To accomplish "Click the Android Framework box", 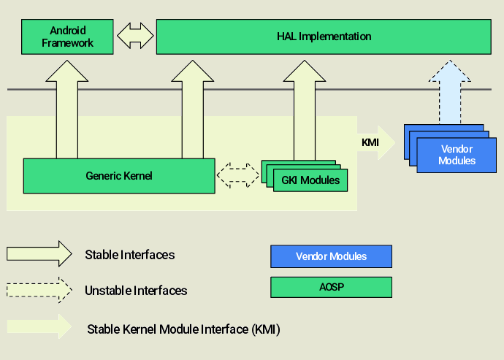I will tap(68, 37).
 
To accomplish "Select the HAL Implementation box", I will tap(324, 37).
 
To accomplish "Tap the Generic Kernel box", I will tap(119, 176).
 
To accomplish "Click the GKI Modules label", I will tap(310, 180).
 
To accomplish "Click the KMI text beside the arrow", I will tap(370, 142).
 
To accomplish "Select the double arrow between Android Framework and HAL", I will tap(135, 37).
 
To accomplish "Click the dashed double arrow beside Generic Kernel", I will tap(238, 176).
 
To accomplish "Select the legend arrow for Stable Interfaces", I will tap(39, 253).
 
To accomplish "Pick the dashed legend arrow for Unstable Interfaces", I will tap(39, 289).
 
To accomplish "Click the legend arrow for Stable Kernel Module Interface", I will tap(39, 326).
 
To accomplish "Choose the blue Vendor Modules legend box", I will tap(331, 256).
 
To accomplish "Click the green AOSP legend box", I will tap(331, 287).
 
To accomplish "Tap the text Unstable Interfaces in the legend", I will tap(136, 291).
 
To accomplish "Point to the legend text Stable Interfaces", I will tap(130, 255).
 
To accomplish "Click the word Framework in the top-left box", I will tap(68, 43).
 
